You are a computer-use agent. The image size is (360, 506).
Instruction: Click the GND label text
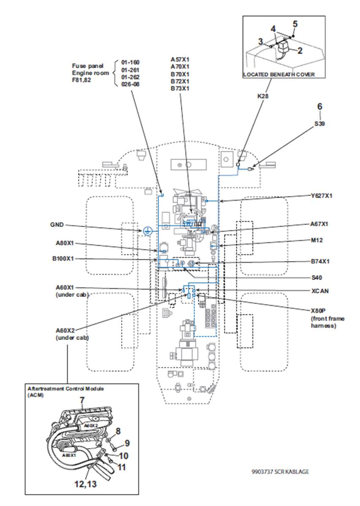57,225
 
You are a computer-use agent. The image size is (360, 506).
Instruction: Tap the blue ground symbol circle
147,231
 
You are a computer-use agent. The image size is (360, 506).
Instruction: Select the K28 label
263,96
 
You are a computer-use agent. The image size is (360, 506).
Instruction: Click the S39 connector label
319,124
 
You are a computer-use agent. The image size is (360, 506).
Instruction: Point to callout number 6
319,106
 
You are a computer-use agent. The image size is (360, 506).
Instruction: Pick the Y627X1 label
321,196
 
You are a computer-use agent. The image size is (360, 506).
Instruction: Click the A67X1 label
319,224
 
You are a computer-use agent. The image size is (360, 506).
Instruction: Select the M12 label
317,240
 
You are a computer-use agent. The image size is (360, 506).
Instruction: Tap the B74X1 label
320,261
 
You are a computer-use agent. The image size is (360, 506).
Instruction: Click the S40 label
317,277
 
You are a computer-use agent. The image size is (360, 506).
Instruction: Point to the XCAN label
320,291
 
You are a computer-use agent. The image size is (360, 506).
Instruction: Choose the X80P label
318,311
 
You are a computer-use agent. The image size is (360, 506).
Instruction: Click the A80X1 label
65,243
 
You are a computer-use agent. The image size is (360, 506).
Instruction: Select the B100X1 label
63,259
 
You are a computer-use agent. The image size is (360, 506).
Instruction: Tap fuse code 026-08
130,84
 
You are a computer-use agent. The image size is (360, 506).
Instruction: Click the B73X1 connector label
180,88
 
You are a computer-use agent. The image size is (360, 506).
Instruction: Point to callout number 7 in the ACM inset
82,400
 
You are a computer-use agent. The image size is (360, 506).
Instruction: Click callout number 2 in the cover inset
300,51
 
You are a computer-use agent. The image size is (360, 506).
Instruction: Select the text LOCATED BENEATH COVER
279,74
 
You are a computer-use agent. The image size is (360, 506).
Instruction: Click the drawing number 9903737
262,471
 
